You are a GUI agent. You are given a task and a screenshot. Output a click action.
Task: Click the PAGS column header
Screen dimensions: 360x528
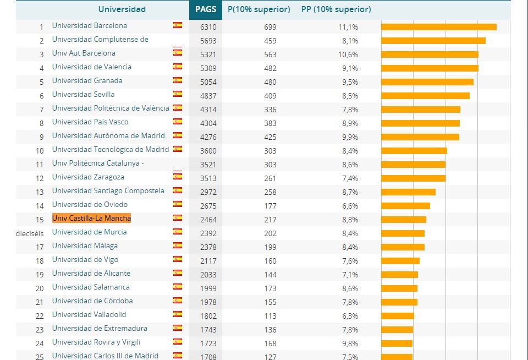(206, 9)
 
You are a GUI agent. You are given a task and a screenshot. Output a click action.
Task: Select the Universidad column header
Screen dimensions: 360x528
(122, 9)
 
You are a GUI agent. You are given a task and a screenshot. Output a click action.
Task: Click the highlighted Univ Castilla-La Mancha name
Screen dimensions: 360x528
(91, 219)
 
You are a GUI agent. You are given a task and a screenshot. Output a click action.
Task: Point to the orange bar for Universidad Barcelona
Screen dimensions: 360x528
(438, 27)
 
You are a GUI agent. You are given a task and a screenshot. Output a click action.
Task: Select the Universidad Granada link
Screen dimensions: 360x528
(87, 81)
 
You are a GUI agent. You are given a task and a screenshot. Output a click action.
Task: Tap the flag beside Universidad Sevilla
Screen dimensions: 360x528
(178, 95)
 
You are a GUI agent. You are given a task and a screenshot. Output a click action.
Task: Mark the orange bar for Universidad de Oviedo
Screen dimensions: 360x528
(405, 206)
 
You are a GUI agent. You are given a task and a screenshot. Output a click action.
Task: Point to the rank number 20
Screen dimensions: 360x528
(40, 288)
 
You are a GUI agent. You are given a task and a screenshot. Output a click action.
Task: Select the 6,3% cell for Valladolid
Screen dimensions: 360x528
(350, 316)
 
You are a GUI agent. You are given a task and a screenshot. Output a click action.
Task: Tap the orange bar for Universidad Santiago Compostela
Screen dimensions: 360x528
(408, 192)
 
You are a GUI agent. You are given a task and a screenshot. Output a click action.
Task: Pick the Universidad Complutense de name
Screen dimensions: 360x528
(100, 40)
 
